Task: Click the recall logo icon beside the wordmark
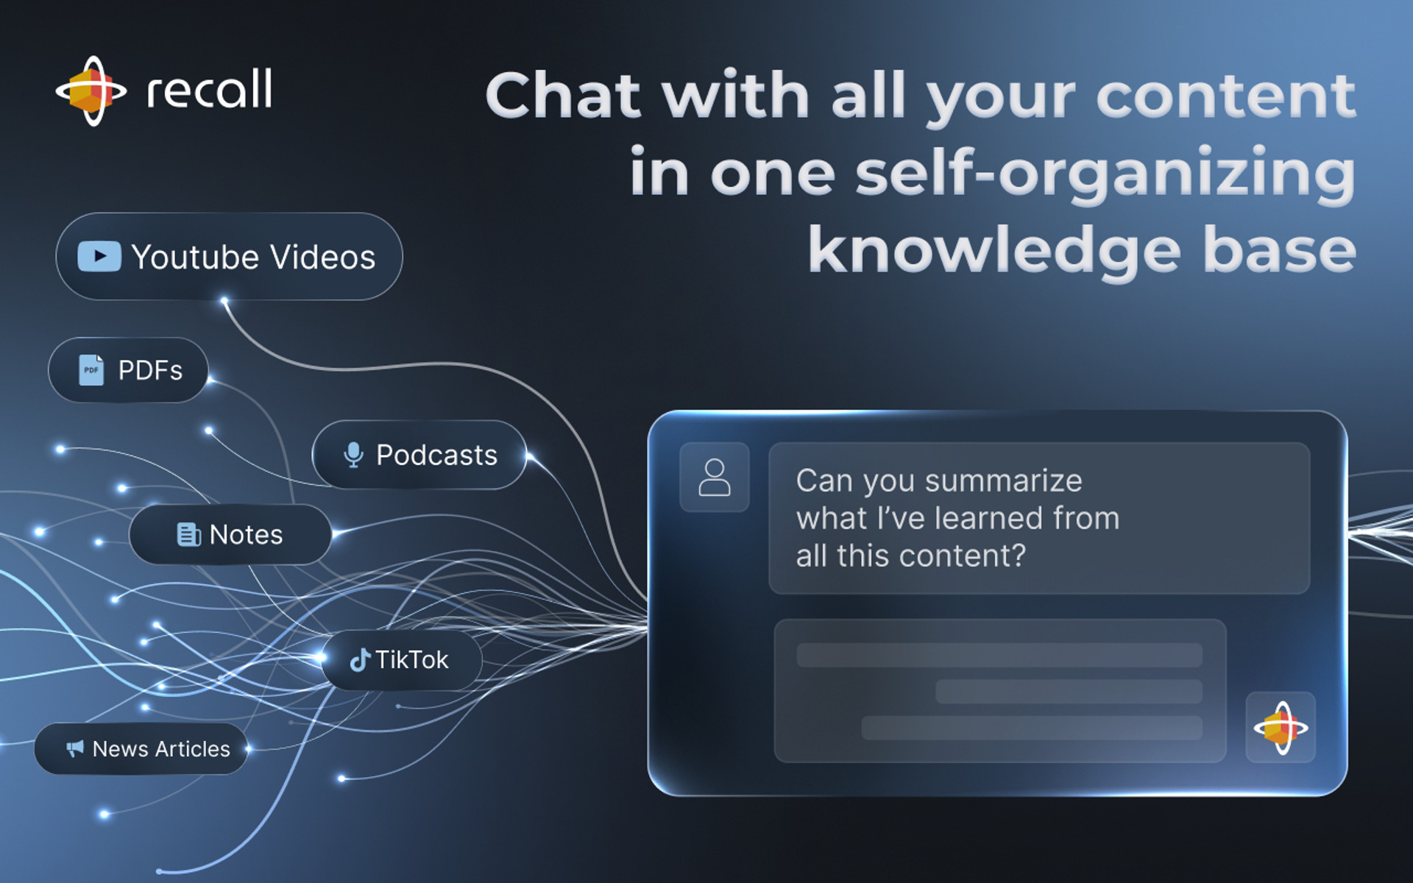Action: [91, 91]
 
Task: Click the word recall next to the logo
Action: [210, 89]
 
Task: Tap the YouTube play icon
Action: [99, 256]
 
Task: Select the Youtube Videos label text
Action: [253, 258]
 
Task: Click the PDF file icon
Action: [91, 370]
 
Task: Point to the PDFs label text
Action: [150, 370]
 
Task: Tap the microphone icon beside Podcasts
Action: [354, 455]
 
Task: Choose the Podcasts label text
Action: [437, 455]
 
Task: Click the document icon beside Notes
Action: [189, 534]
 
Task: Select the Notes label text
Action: [246, 535]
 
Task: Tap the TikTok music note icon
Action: [360, 660]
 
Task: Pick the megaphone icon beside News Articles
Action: [75, 749]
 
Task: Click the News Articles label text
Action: [161, 749]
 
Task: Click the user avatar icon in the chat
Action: [715, 478]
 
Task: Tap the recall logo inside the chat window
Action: [1281, 728]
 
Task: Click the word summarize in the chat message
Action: [1004, 481]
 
